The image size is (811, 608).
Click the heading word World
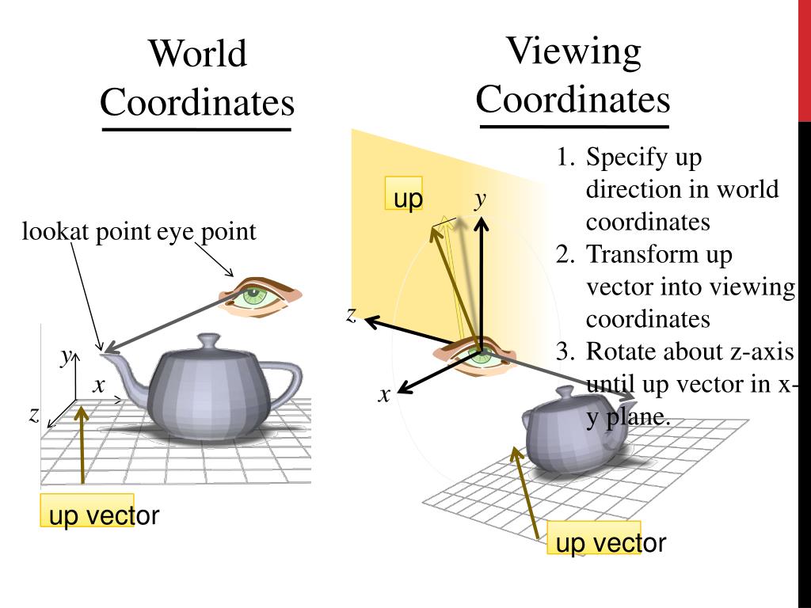pos(198,55)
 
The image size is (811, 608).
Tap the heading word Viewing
pos(573,51)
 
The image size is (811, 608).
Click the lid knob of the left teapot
pos(208,340)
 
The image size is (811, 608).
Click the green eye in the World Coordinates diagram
pos(253,297)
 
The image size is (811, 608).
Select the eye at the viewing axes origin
pos(478,354)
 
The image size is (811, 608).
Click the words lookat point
pos(86,232)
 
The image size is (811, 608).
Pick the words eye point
pos(207,232)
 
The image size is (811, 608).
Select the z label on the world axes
pos(34,415)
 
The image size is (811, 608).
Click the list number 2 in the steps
pos(564,255)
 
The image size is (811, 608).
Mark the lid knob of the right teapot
pos(565,392)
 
